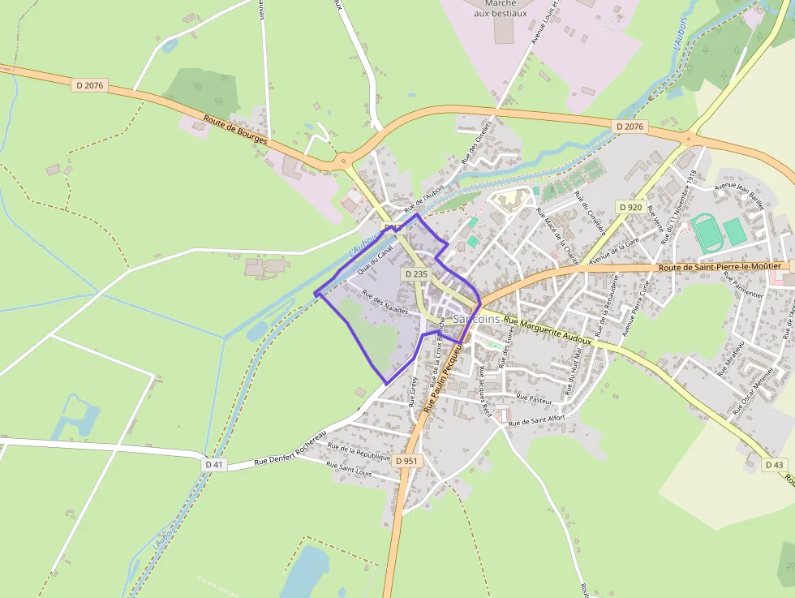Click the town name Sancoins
pyautogui.click(x=477, y=319)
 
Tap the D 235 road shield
pyautogui.click(x=415, y=274)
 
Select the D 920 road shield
pyautogui.click(x=630, y=208)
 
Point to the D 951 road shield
pyautogui.click(x=406, y=461)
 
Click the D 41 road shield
pyautogui.click(x=214, y=464)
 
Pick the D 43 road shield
pyautogui.click(x=775, y=465)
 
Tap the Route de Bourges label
pyautogui.click(x=235, y=131)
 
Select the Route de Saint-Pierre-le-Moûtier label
pyautogui.click(x=720, y=266)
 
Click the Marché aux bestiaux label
pyautogui.click(x=500, y=8)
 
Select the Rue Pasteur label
pyautogui.click(x=535, y=400)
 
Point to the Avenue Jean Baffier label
pyautogui.click(x=740, y=195)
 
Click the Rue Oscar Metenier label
pyautogui.click(x=753, y=394)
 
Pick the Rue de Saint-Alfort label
pyautogui.click(x=536, y=420)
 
